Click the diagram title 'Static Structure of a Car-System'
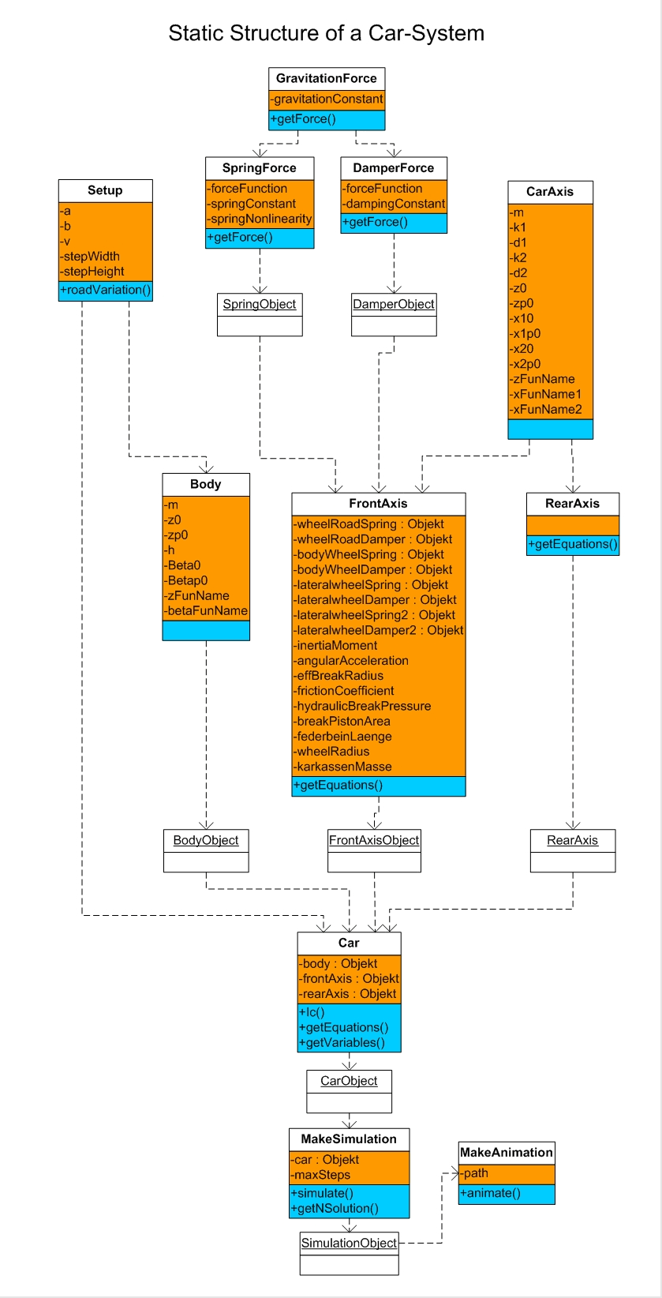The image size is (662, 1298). click(326, 33)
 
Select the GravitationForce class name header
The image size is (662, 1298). click(326, 78)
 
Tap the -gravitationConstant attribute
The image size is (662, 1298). click(326, 99)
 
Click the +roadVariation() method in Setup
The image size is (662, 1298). click(105, 290)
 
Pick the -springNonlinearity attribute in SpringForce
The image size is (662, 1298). click(259, 219)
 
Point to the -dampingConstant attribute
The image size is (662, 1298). click(394, 204)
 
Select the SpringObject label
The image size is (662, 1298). click(260, 304)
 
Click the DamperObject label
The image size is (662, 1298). click(394, 304)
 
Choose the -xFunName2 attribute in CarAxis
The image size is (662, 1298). click(546, 409)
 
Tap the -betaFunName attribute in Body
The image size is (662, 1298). click(206, 610)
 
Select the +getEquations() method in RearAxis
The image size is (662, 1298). click(573, 544)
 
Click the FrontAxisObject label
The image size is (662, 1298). click(374, 840)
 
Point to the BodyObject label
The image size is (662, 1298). click(206, 840)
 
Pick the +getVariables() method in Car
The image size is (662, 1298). click(342, 1042)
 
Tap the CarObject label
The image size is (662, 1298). click(349, 1081)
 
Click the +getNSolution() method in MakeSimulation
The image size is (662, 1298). click(335, 1208)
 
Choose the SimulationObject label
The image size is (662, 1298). click(349, 1243)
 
